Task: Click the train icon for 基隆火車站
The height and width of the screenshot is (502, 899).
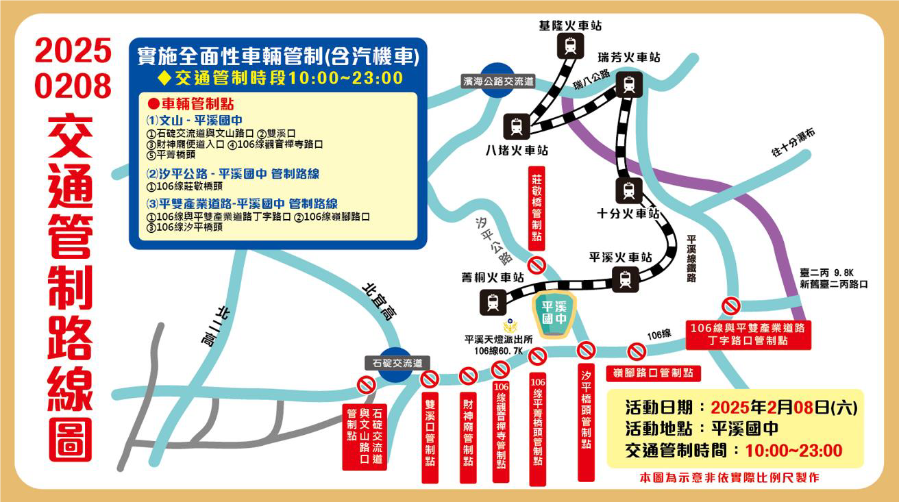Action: tap(570, 47)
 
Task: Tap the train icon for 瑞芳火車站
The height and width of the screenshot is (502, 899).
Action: tap(628, 85)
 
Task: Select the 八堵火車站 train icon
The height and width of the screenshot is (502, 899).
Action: tap(517, 126)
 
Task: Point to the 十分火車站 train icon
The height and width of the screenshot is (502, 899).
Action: tap(628, 189)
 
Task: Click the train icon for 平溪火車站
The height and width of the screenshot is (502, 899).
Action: tap(625, 279)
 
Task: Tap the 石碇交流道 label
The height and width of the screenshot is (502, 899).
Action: tap(397, 363)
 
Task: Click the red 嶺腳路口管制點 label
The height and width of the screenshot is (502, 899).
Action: tap(653, 373)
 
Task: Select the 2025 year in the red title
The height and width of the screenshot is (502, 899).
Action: tap(73, 51)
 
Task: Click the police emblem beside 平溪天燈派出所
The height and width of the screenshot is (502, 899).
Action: tap(508, 327)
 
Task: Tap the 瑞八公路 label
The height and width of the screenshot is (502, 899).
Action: tap(591, 79)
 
